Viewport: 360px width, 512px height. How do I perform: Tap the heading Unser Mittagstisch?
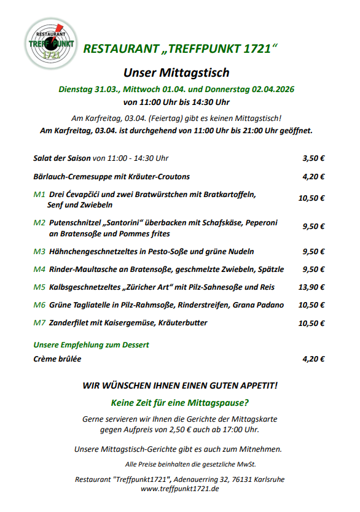click(176, 72)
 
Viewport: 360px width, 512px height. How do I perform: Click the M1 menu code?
click(39, 194)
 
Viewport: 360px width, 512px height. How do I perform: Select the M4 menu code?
click(39, 269)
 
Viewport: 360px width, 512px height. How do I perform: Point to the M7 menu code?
click(39, 322)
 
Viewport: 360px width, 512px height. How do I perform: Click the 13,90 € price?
click(311, 287)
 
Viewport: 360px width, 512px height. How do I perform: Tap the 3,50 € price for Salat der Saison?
click(313, 158)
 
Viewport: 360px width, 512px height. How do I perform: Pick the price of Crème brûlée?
click(313, 359)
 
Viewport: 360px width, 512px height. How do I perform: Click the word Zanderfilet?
click(70, 322)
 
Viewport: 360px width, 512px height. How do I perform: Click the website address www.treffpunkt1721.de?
click(179, 489)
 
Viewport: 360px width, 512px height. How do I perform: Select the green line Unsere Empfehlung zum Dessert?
click(91, 344)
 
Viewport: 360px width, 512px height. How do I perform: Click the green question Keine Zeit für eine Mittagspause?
click(179, 403)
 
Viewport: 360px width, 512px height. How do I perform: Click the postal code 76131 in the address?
click(240, 479)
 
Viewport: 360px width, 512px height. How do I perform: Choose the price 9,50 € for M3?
click(313, 251)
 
